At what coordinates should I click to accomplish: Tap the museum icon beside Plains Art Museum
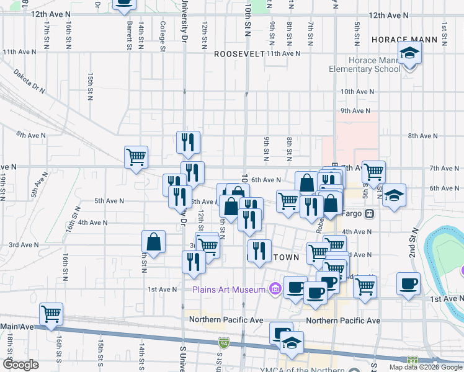point(275,289)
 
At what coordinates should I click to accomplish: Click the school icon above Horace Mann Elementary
point(409,54)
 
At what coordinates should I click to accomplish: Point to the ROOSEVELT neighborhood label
point(239,54)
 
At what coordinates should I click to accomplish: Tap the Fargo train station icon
point(370,214)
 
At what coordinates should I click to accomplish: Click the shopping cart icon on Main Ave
point(51,313)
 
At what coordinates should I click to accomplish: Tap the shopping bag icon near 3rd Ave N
point(153,241)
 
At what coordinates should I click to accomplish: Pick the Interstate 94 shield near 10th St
point(223,342)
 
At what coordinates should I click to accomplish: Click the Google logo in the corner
point(20,365)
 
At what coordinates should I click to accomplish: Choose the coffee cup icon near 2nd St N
point(408,283)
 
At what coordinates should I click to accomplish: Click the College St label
point(163,37)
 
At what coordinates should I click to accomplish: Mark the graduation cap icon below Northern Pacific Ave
point(290,342)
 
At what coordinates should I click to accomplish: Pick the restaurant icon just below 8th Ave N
point(188,142)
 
